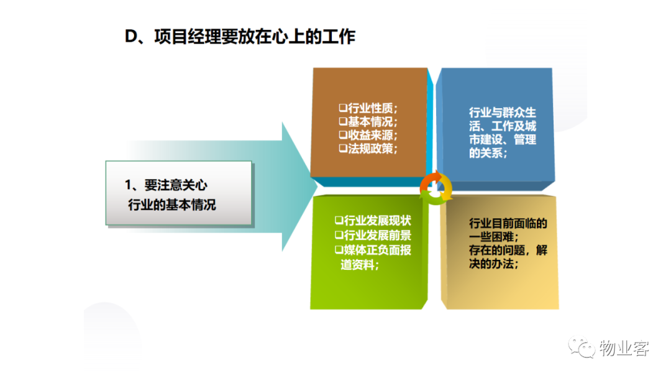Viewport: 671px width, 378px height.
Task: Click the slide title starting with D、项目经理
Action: coord(240,37)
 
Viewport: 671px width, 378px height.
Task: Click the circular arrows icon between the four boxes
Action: coord(436,188)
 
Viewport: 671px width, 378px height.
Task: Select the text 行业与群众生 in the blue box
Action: coord(503,113)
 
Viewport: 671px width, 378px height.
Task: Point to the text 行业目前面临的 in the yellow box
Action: coord(508,223)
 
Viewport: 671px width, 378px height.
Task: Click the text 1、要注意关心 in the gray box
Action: coord(166,185)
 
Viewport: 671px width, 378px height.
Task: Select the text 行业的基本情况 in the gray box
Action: coord(172,205)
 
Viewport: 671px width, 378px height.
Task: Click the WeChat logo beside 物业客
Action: coord(582,348)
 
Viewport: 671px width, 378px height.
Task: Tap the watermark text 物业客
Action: coord(624,348)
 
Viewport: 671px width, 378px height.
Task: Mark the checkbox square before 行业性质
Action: coord(343,108)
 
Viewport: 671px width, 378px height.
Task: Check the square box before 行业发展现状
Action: coord(339,221)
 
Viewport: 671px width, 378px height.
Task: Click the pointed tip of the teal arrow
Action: coord(317,187)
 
